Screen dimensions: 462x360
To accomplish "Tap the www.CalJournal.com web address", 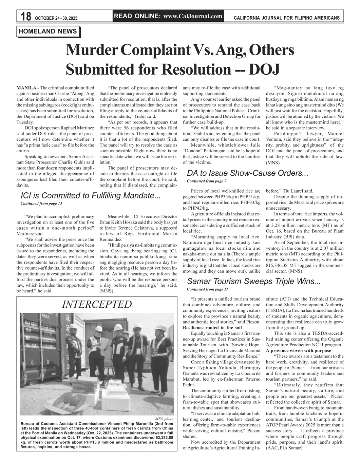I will point(192,16).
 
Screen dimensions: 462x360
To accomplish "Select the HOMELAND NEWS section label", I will point(48,32).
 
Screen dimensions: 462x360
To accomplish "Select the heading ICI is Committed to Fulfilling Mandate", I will point(90,196).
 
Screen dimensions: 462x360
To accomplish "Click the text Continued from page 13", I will point(41,204).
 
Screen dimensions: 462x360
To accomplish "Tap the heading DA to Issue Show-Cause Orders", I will point(247,173).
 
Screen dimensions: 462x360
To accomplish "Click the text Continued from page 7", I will point(206,181).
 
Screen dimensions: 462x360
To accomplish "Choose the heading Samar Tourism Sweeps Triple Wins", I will point(254,281).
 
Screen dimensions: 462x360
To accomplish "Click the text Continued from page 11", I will point(207,289).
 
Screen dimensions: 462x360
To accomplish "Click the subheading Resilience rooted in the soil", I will point(212,328).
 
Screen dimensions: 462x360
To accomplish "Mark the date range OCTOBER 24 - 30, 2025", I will point(56,18).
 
